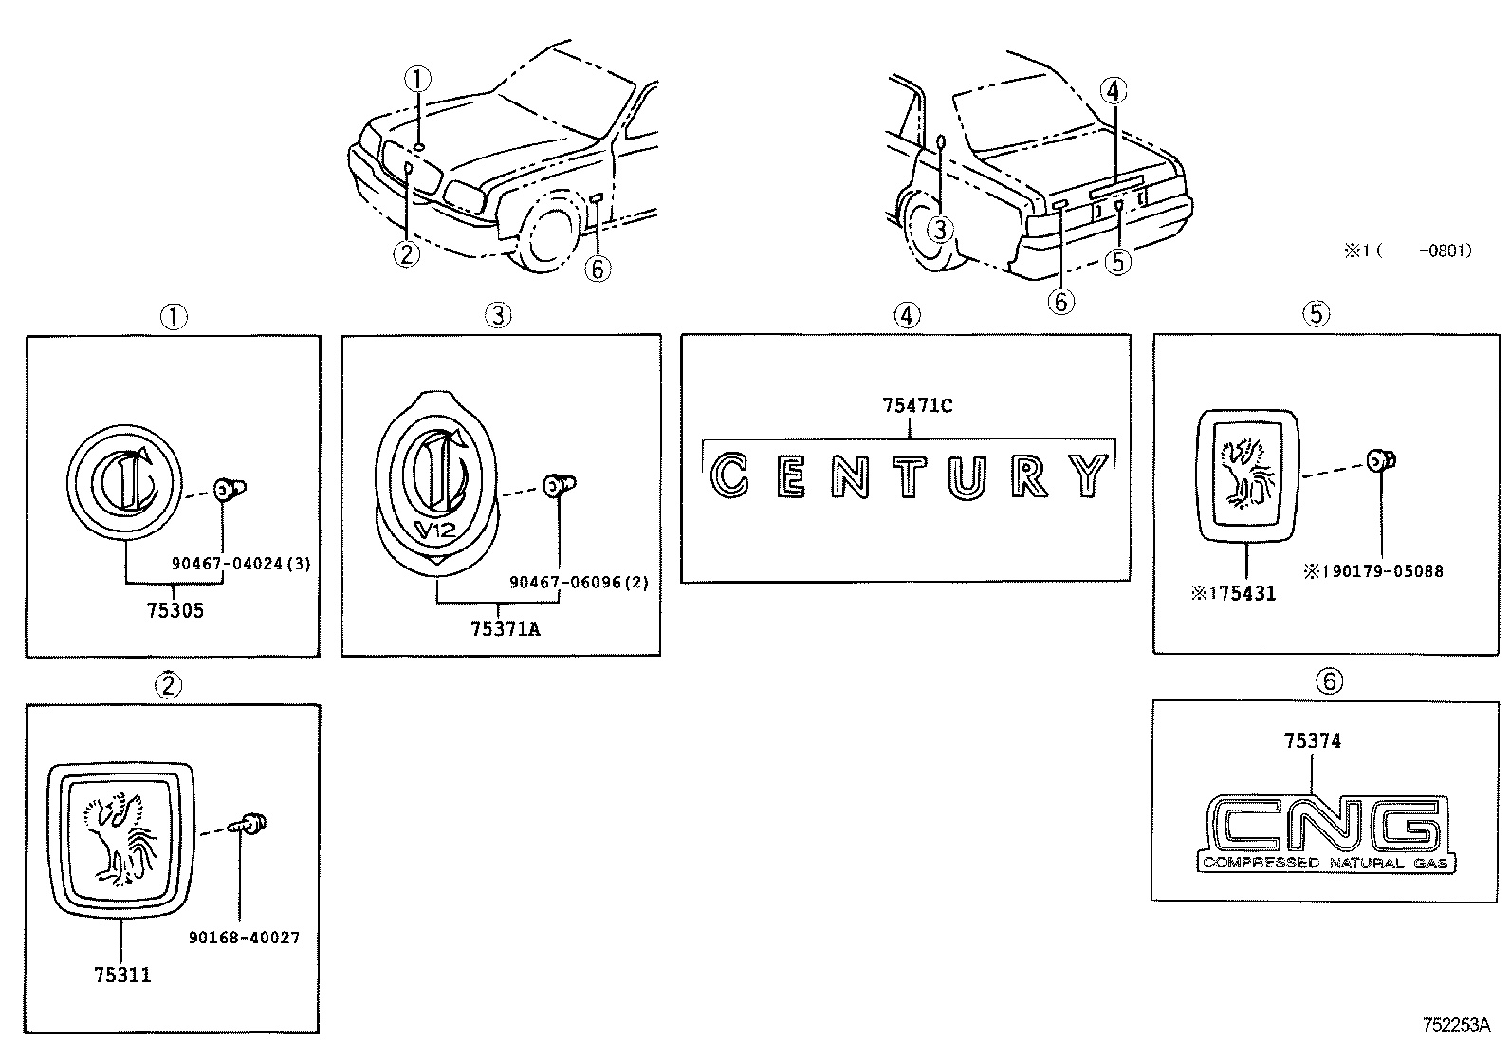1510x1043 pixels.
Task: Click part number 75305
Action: [175, 610]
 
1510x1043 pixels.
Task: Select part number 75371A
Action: [505, 628]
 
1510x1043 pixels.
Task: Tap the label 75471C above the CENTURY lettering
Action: [916, 406]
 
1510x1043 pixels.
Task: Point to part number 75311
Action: [122, 975]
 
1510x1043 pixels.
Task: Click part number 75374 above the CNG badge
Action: [1313, 741]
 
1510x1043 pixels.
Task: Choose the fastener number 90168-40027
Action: [244, 938]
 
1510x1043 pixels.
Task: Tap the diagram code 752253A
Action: [1456, 1025]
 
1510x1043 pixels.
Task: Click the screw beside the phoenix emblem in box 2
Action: [252, 824]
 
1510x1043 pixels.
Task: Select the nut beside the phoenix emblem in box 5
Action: [1381, 462]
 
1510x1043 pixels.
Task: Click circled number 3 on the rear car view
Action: [939, 229]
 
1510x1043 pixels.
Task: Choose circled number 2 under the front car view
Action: [406, 253]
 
